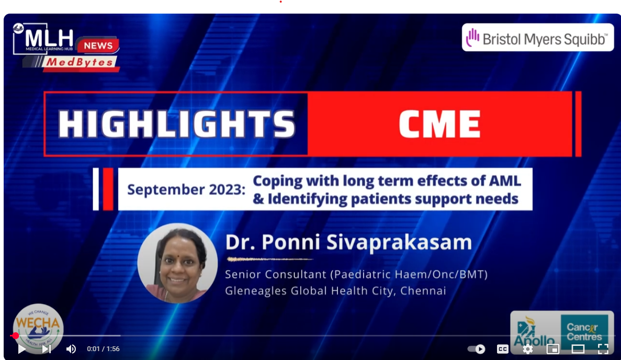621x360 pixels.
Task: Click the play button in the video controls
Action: point(22,349)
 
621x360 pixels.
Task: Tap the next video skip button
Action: point(47,349)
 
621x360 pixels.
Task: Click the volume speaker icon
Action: point(71,349)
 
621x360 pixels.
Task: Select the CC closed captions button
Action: point(503,349)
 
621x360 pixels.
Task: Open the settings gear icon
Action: point(527,349)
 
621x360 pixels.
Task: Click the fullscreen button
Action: point(603,349)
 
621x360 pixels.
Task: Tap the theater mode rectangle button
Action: point(578,349)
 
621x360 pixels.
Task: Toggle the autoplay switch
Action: point(477,349)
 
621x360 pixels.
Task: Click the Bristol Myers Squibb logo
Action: point(538,38)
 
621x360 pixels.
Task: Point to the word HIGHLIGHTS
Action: point(177,124)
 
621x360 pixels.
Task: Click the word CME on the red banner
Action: point(439,124)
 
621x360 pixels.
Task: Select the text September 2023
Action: point(186,190)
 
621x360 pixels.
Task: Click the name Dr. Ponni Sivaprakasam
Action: point(348,242)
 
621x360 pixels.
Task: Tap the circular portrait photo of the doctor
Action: point(177,263)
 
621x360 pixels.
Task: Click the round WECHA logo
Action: point(38,329)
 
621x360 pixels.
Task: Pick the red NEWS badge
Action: point(98,46)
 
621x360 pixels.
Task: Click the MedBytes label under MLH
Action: point(80,63)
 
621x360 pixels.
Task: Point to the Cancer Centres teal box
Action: point(584,332)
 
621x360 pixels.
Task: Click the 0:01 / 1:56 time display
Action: point(104,349)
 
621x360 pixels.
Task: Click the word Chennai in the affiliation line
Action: point(423,291)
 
